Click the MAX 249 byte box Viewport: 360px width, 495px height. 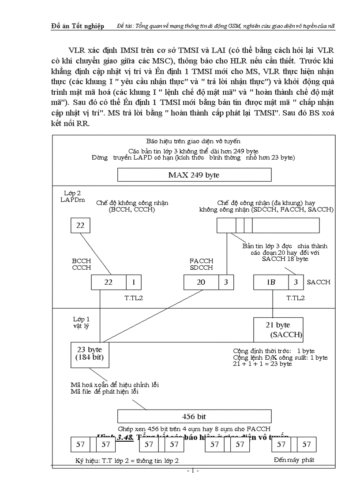point(193,175)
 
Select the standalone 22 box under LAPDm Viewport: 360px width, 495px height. point(80,226)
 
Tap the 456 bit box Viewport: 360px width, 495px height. point(194,416)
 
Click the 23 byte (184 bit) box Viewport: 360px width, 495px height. point(90,354)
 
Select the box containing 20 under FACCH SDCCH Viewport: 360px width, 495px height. point(201,282)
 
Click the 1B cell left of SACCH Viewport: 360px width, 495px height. point(271,282)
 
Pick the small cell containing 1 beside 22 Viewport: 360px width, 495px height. point(134,282)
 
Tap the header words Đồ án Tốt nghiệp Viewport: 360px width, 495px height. point(78,26)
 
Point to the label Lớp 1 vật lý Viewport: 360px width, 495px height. point(81,323)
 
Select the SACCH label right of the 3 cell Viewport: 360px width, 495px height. point(319,282)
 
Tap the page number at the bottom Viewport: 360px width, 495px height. point(193,471)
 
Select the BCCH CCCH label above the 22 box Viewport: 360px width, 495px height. point(81,264)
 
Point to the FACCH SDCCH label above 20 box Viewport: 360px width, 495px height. point(201,264)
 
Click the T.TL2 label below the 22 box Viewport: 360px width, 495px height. point(134,298)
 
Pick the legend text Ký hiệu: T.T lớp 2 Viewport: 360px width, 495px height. point(127,461)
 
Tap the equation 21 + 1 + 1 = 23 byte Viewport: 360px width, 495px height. point(262,364)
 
